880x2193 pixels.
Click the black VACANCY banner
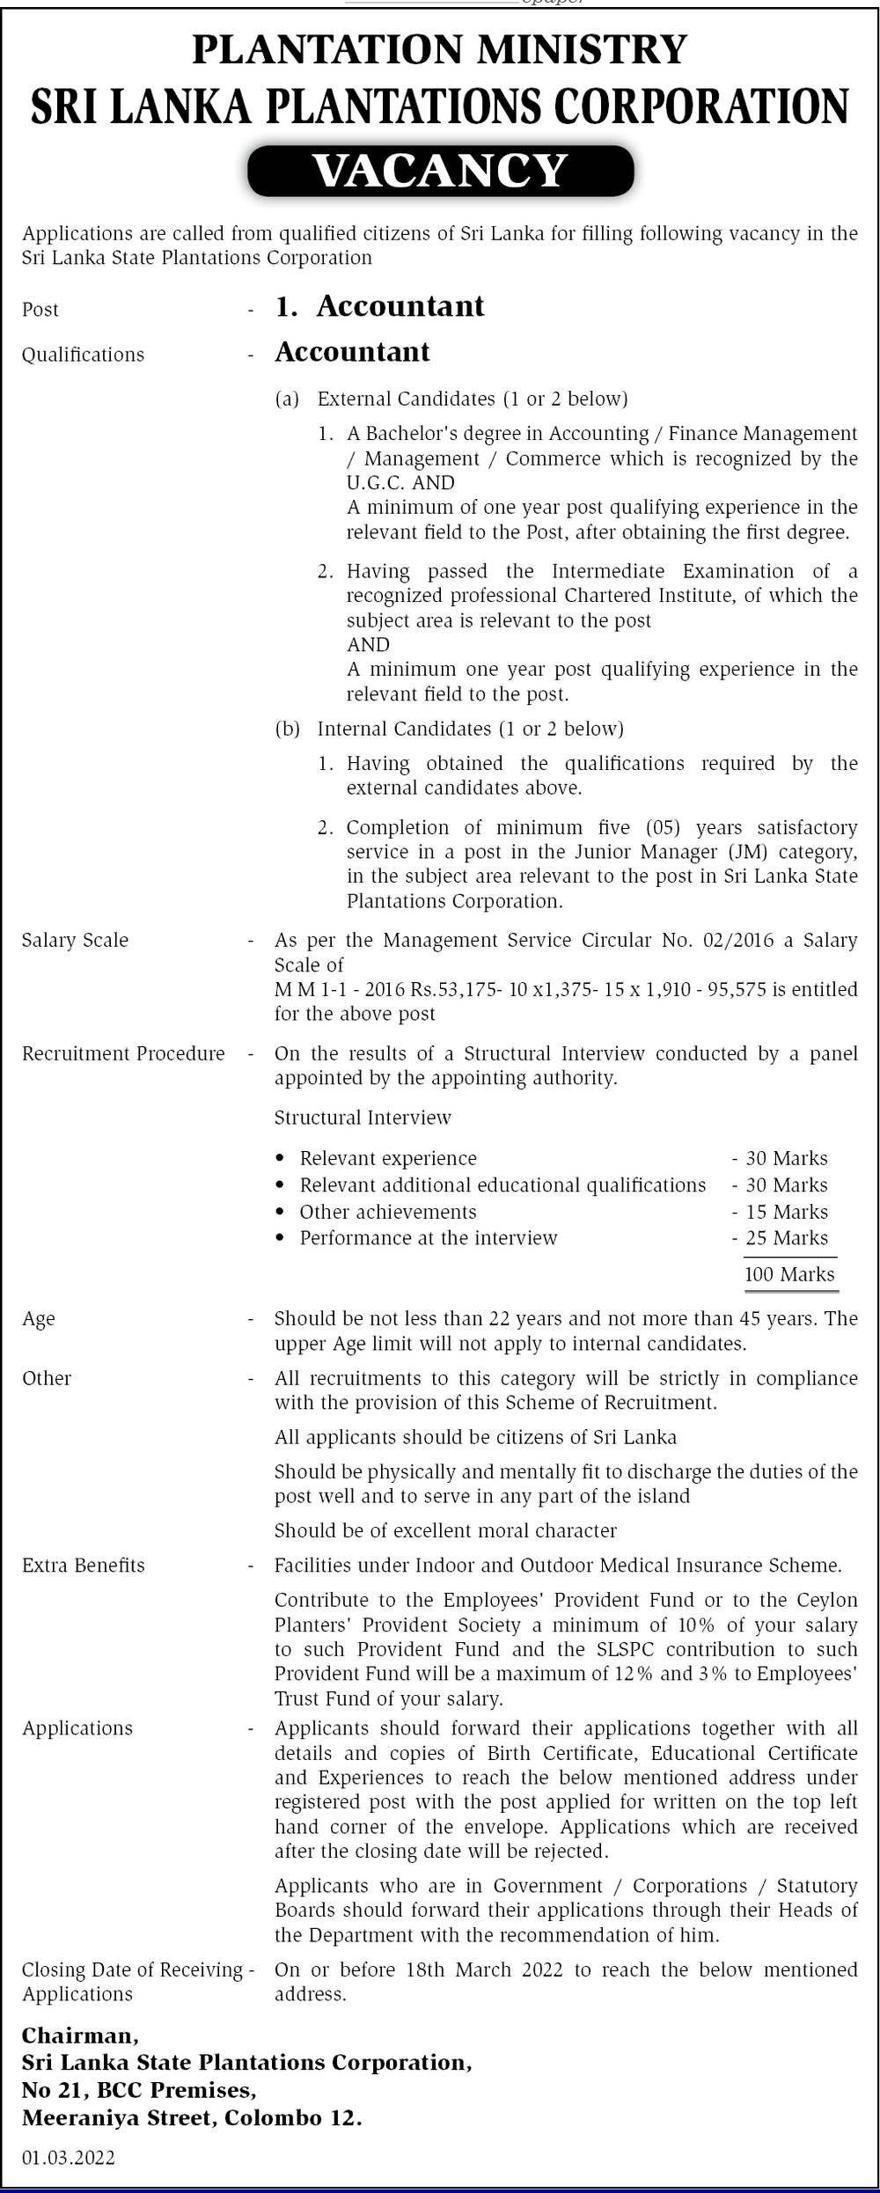click(x=440, y=171)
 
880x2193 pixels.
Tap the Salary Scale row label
click(x=75, y=940)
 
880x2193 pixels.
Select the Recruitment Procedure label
click(x=123, y=1053)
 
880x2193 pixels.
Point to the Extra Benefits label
click(x=83, y=1565)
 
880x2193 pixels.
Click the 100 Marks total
click(x=789, y=1274)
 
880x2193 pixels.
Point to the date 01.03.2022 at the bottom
click(x=69, y=2157)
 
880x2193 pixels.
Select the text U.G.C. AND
click(x=400, y=482)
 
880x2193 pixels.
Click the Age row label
click(x=39, y=1318)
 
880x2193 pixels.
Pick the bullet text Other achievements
click(x=388, y=1212)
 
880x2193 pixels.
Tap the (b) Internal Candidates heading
click(x=449, y=729)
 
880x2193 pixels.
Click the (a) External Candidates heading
click(x=451, y=399)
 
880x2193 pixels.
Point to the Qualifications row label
click(x=83, y=355)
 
